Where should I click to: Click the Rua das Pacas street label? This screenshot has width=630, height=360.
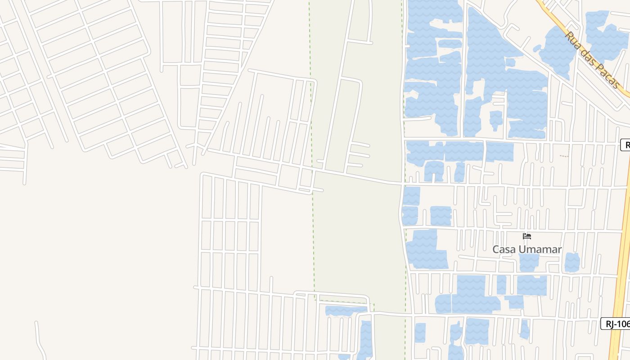pyautogui.click(x=592, y=59)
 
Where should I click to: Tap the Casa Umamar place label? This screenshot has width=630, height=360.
pyautogui.click(x=527, y=249)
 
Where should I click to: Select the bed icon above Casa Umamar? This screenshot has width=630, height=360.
pyautogui.click(x=527, y=236)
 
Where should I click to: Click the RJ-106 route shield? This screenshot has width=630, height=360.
pyautogui.click(x=615, y=323)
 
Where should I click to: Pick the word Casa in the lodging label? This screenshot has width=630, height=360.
pyautogui.click(x=503, y=249)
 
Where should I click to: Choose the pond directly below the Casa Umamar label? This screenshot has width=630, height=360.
pyautogui.click(x=529, y=262)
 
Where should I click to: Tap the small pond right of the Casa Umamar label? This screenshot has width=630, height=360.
pyautogui.click(x=572, y=262)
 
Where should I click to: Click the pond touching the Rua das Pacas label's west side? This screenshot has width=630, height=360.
pyautogui.click(x=557, y=49)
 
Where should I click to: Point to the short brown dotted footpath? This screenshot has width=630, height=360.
pyautogui.click(x=564, y=156)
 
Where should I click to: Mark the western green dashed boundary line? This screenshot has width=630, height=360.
pyautogui.click(x=311, y=135)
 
